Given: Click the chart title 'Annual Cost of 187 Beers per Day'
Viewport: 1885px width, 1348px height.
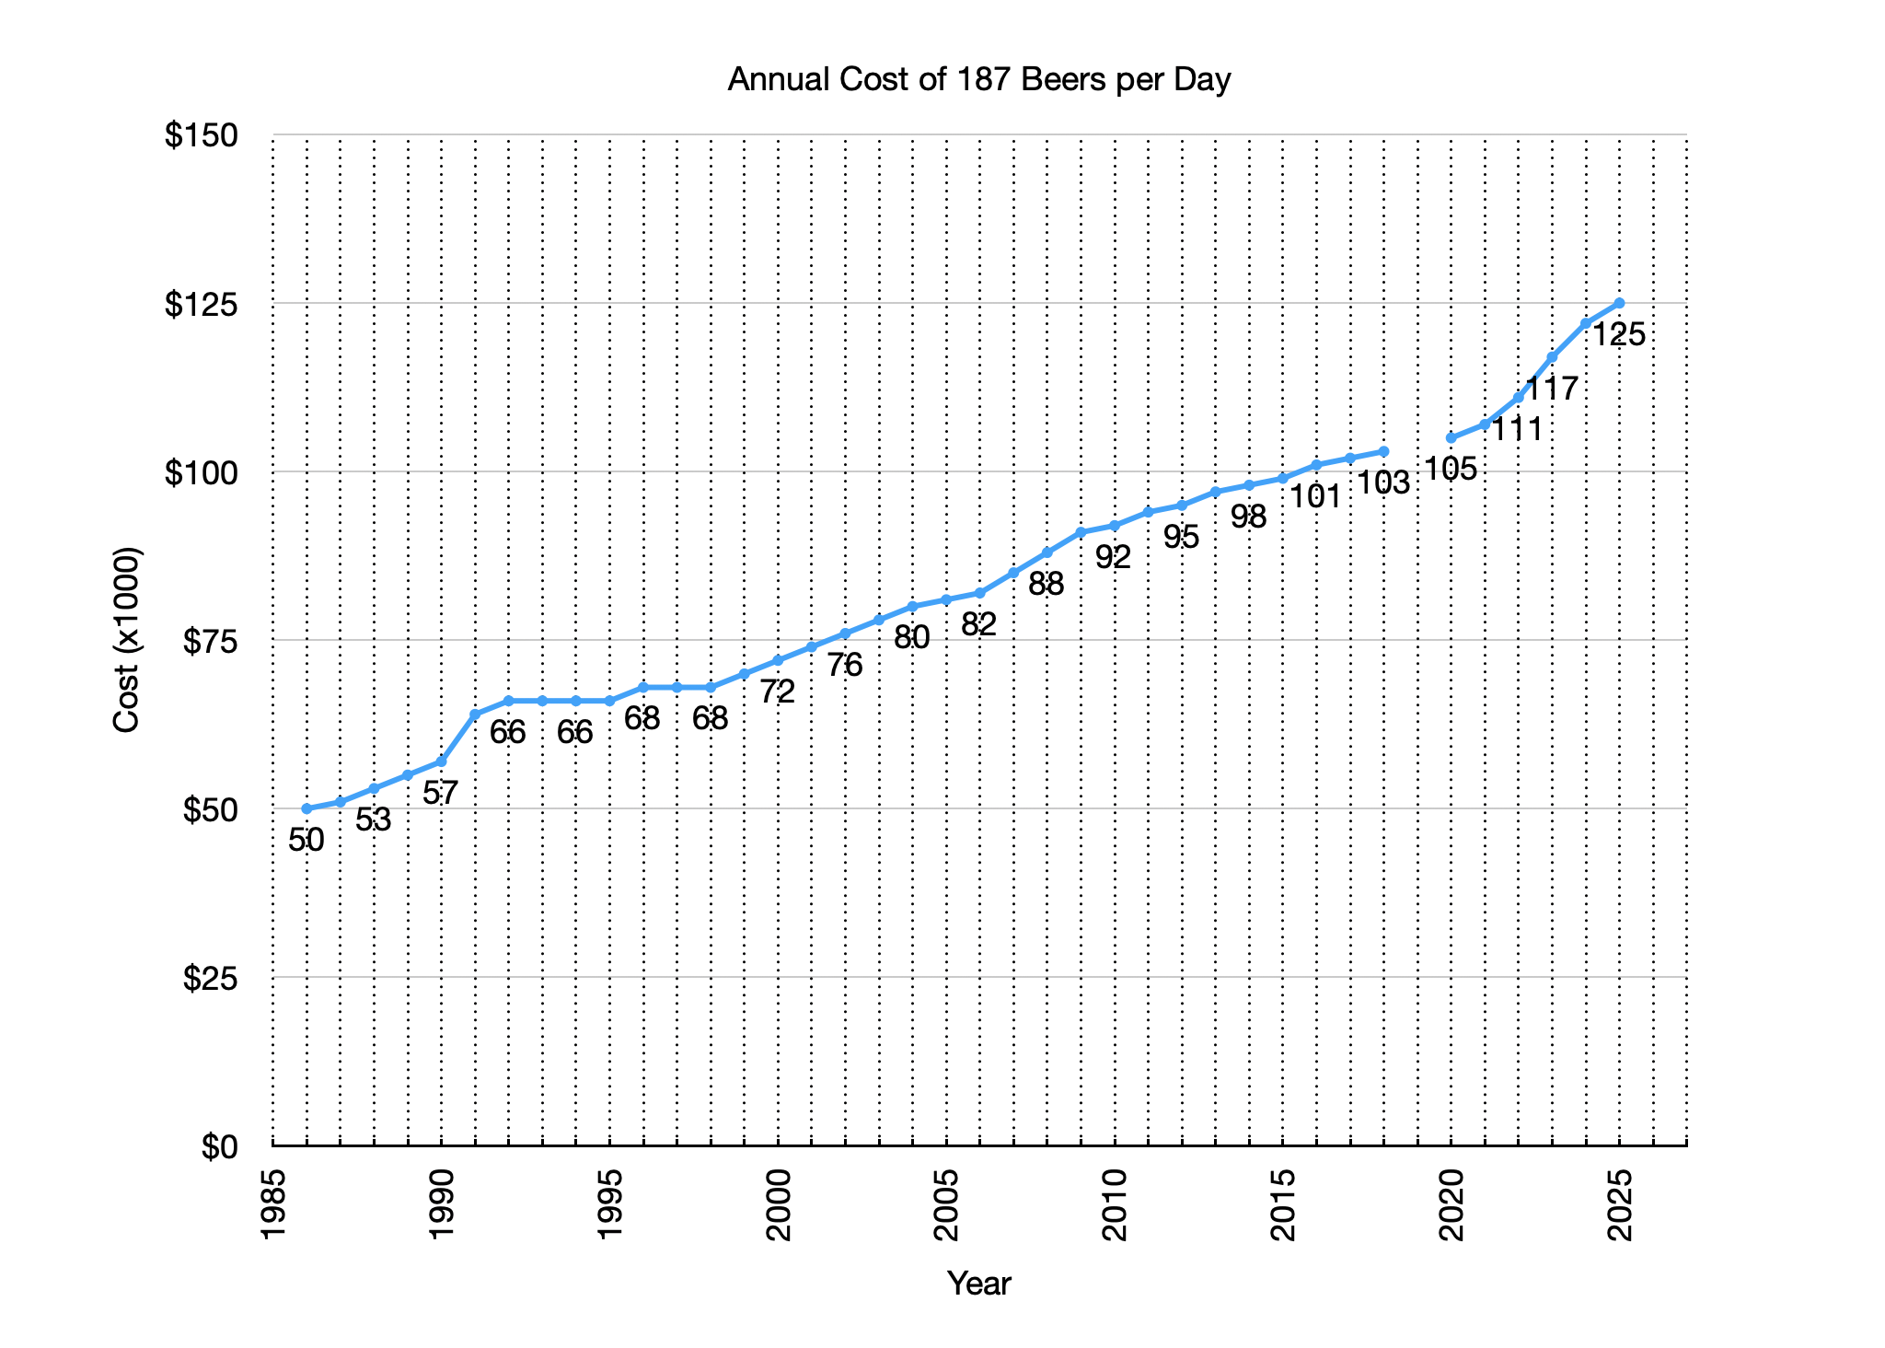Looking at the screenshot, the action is [979, 81].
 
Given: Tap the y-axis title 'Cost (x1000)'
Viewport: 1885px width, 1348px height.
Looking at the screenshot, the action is [126, 640].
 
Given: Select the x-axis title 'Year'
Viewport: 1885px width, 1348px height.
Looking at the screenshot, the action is [979, 1283].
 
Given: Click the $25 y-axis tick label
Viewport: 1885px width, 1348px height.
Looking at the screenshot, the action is [210, 979].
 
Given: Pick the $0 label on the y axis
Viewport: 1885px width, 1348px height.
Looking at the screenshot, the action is [220, 1147].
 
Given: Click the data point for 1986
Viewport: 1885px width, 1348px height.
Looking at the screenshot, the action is [306, 808].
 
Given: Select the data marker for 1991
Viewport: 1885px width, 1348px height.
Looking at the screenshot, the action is [475, 715].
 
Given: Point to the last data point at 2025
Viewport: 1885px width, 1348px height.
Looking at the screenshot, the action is [1620, 303].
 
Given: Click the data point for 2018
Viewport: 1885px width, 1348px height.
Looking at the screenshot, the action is [1384, 451].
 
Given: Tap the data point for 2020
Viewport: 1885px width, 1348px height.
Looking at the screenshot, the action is [1451, 438].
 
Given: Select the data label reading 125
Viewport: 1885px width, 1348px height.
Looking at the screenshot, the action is [1619, 335].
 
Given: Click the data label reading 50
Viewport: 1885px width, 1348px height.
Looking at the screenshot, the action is [306, 840].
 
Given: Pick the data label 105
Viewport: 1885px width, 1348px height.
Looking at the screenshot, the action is [1451, 470].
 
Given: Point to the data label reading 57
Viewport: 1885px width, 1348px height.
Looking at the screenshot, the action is [441, 793].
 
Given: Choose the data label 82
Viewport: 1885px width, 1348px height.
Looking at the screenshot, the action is [979, 624].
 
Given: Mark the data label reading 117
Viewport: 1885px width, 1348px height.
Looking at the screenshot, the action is [1552, 389].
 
